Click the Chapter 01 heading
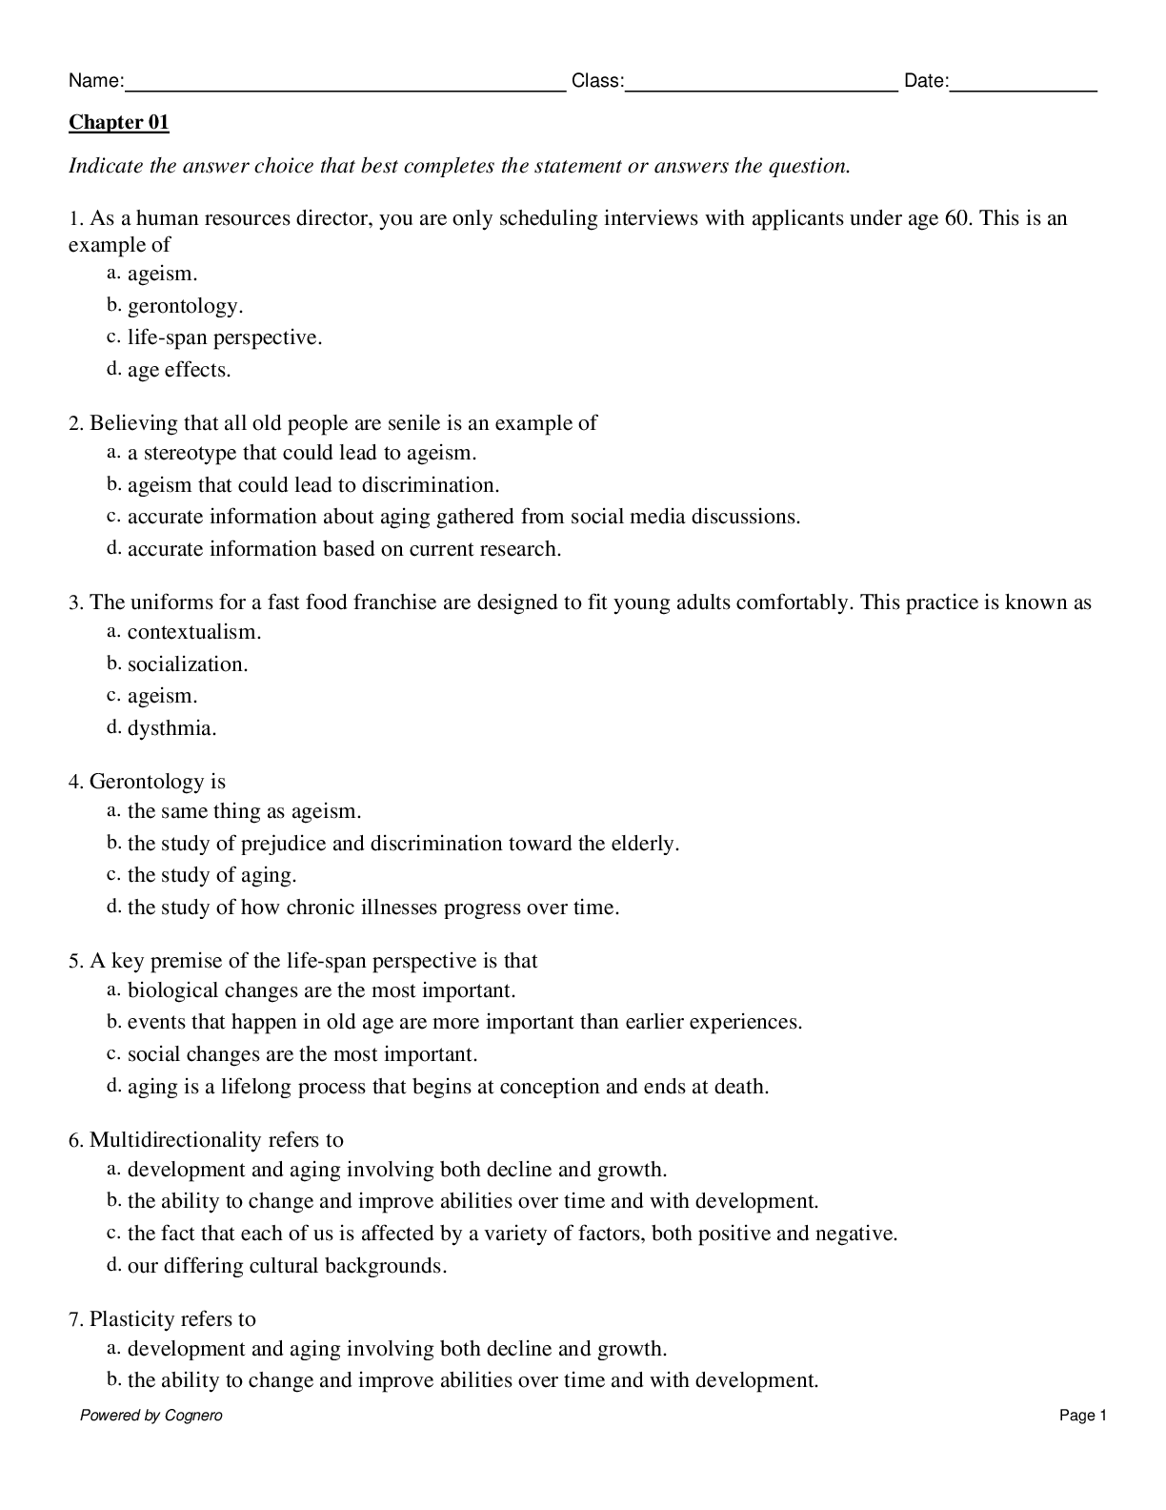(118, 123)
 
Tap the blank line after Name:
(345, 84)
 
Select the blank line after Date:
(1023, 84)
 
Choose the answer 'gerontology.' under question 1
(185, 306)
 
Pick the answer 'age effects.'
(179, 370)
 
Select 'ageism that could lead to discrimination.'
(313, 485)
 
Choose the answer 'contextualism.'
(194, 632)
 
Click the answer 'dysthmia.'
(172, 728)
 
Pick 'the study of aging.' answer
(211, 875)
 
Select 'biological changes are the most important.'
(321, 990)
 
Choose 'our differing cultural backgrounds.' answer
(287, 1266)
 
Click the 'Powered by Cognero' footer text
(151, 1416)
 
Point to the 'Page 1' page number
(1082, 1416)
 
